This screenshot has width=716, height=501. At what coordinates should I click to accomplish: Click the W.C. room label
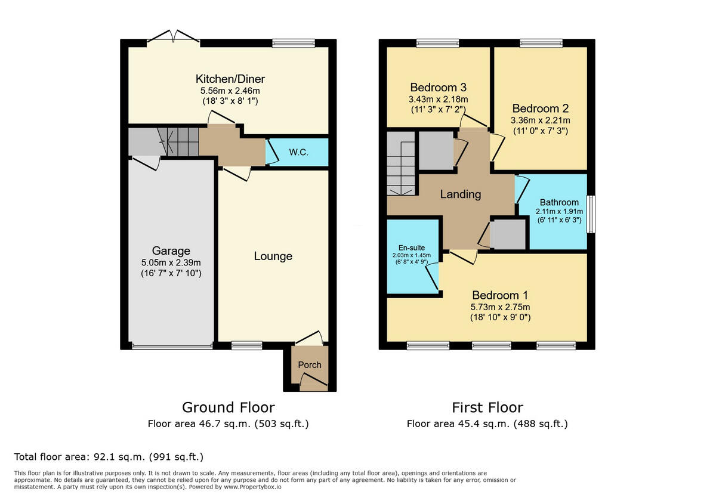298,152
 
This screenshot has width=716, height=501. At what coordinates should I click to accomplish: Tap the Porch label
309,365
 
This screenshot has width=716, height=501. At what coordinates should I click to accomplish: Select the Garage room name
171,251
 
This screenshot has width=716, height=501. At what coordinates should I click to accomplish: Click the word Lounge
273,256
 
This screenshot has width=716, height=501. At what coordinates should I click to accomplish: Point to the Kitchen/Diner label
230,79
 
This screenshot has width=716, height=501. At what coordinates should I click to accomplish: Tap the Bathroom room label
559,202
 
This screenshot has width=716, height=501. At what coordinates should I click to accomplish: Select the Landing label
460,194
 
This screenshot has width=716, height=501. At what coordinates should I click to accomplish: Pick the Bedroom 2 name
540,109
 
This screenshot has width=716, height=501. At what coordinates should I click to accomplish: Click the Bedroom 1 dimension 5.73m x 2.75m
500,307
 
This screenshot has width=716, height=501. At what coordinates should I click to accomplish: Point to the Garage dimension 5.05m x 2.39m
171,262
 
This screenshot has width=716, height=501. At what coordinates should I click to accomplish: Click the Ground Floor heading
228,407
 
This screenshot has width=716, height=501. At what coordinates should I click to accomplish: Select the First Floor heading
487,407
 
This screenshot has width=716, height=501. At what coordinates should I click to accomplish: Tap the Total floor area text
109,457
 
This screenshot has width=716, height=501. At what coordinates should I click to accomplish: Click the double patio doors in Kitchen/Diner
173,39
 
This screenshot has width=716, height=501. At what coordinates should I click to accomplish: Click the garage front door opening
172,346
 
